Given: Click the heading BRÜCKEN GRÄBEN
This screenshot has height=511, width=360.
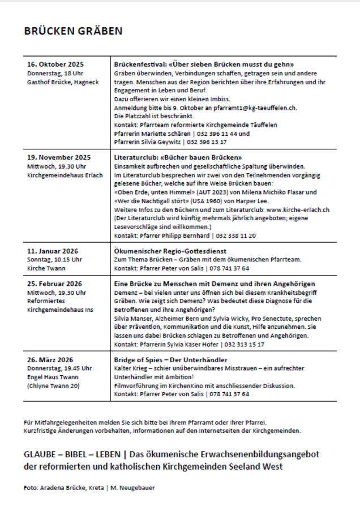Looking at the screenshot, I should [x=73, y=31].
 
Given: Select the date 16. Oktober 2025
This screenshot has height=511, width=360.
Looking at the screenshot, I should [x=55, y=65].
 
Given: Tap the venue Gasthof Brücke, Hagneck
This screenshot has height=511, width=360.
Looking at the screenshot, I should [x=63, y=82].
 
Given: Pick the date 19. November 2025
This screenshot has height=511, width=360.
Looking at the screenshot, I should [x=59, y=157].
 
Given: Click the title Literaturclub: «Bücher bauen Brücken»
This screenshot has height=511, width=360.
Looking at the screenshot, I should [x=178, y=157].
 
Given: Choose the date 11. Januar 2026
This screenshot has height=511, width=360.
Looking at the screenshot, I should [x=53, y=251].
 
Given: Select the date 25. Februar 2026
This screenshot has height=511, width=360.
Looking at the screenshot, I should [x=55, y=284].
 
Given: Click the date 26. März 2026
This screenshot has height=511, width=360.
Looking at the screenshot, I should [x=50, y=359].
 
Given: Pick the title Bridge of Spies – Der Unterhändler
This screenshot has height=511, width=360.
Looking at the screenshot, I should [x=171, y=359].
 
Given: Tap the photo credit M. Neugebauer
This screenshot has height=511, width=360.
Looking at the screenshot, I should [x=138, y=487].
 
